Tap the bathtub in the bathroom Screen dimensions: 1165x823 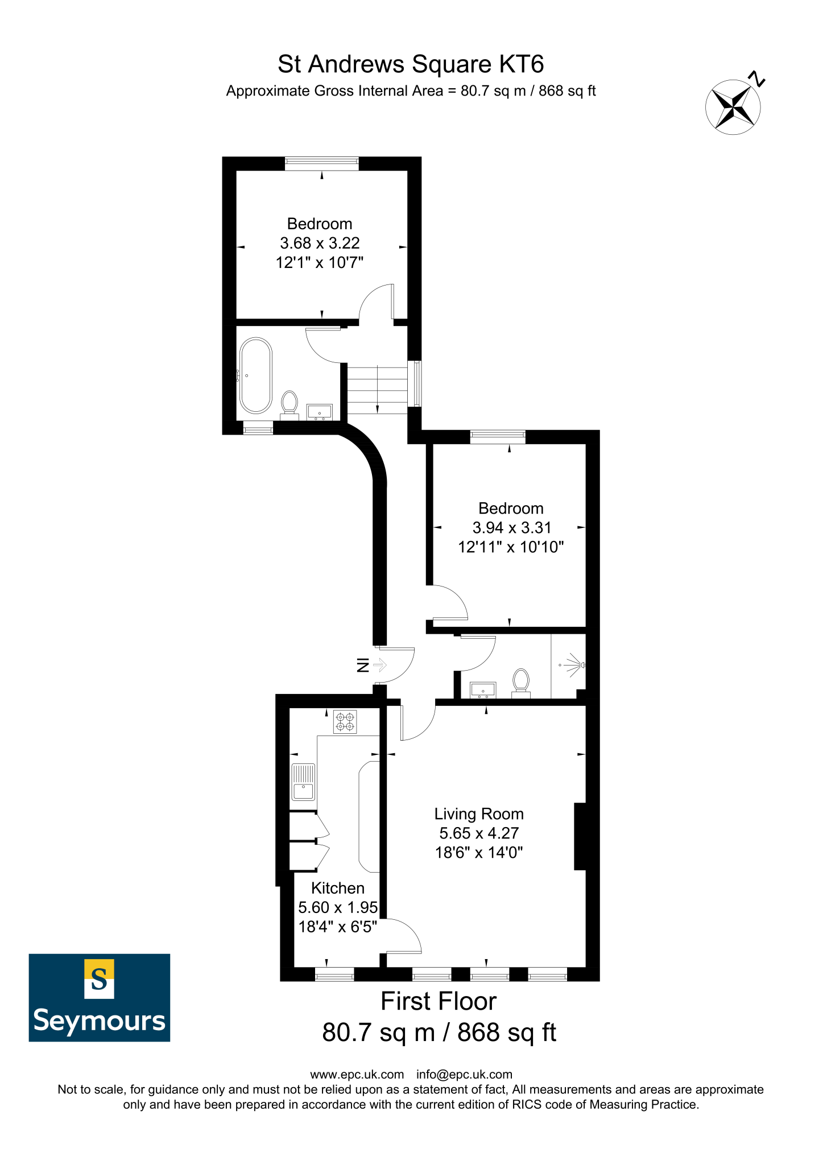click(x=256, y=375)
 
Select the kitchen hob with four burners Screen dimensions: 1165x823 click(x=345, y=722)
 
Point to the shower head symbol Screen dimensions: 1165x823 click(x=574, y=664)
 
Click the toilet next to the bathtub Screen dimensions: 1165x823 click(x=290, y=403)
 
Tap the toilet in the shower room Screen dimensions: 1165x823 click(x=521, y=681)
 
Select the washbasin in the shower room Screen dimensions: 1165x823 click(x=483, y=690)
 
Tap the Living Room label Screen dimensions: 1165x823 click(x=479, y=814)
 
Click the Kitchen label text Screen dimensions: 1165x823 click(x=338, y=888)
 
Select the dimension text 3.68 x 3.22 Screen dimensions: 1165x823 click(x=320, y=243)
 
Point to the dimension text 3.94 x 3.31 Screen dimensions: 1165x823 click(x=511, y=528)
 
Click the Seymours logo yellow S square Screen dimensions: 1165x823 click(x=99, y=978)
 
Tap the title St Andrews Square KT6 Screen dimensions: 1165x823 click(x=411, y=64)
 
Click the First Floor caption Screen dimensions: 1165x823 click(x=439, y=1002)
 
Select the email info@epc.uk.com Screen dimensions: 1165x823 click(x=464, y=1075)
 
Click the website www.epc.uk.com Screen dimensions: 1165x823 click(x=357, y=1075)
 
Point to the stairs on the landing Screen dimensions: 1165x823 click(x=377, y=390)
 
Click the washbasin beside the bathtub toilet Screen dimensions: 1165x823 click(x=319, y=412)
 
